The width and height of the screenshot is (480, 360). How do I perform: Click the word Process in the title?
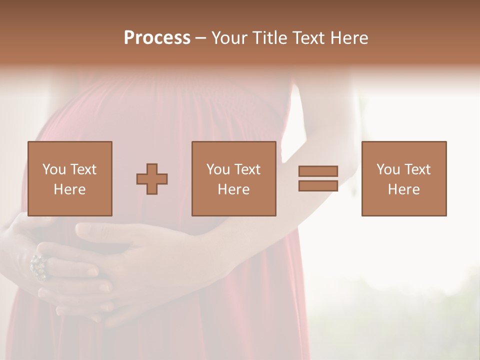click(157, 38)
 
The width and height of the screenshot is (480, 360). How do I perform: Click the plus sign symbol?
click(152, 179)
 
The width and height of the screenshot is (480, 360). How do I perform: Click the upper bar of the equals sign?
click(318, 171)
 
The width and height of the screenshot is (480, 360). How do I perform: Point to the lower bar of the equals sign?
click(318, 185)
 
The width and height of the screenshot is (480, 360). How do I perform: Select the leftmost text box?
click(70, 178)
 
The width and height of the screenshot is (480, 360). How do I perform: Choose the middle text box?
click(234, 178)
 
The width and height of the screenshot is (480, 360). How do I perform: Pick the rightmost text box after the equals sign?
click(404, 178)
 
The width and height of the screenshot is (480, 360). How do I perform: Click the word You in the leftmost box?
click(54, 169)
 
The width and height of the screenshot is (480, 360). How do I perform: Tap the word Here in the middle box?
click(234, 189)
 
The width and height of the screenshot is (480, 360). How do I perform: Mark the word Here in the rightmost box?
click(404, 189)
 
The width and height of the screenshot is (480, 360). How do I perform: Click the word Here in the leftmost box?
click(70, 189)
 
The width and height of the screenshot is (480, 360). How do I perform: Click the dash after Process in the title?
click(200, 38)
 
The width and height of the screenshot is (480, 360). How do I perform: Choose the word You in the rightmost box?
click(388, 169)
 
